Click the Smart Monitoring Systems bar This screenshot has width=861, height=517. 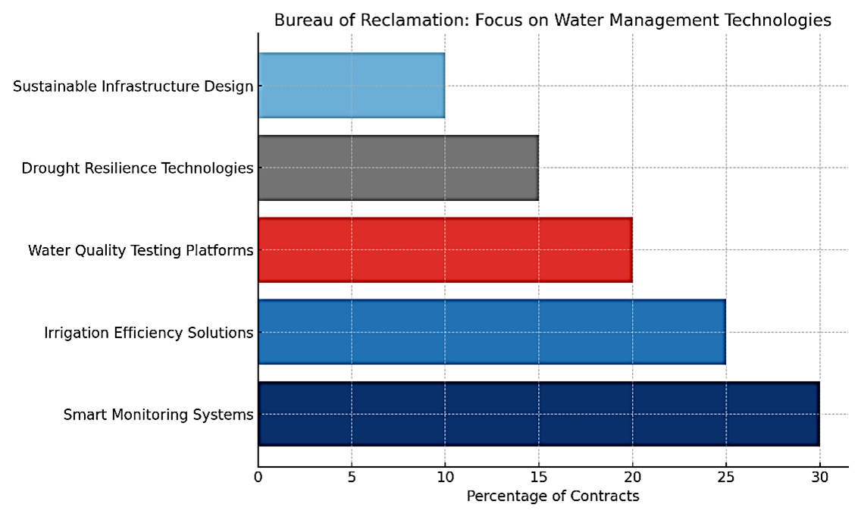click(538, 414)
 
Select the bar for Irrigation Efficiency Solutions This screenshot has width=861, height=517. click(491, 332)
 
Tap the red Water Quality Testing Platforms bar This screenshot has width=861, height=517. click(445, 250)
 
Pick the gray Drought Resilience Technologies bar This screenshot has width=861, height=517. click(398, 168)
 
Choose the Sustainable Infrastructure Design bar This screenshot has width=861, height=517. click(351, 86)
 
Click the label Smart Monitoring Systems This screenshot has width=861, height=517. click(158, 415)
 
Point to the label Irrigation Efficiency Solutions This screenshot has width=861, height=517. click(149, 332)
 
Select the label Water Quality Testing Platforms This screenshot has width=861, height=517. click(140, 250)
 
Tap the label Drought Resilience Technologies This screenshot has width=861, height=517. click(137, 168)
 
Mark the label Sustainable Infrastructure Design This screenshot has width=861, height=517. click(133, 86)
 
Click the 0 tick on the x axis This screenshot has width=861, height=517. click(258, 477)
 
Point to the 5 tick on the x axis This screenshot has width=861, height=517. click(352, 477)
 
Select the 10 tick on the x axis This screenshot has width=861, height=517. click(445, 477)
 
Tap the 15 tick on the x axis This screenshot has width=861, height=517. click(538, 477)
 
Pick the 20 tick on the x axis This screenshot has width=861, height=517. click(632, 477)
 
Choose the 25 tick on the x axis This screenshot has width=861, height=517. click(725, 477)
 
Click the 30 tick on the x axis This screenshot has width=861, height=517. click(819, 477)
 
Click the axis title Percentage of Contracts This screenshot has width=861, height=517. click(553, 497)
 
